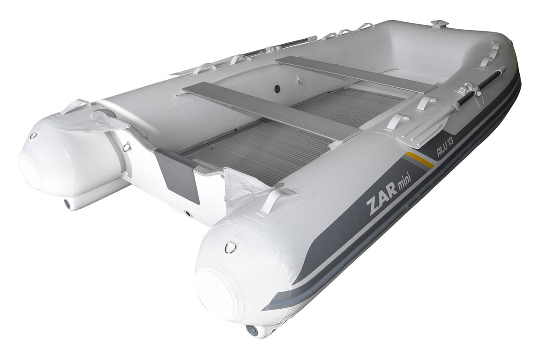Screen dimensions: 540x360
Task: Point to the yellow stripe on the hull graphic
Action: point(420,159)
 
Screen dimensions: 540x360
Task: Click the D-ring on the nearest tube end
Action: point(230,247)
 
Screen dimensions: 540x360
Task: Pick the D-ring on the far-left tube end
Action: point(33,135)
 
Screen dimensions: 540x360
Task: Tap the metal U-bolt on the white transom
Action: point(127,146)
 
